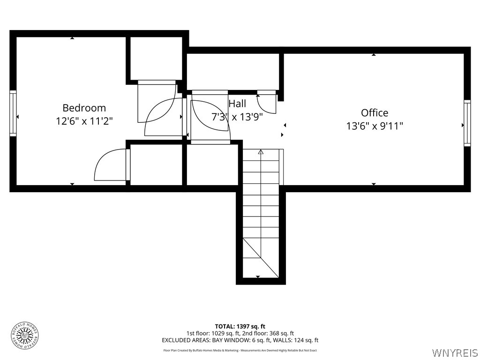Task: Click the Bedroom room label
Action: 84,108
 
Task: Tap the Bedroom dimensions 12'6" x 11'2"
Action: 84,121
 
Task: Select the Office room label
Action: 375,113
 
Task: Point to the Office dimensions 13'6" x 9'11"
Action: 375,126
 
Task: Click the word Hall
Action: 237,104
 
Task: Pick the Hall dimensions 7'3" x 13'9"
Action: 237,117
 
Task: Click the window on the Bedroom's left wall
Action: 13,113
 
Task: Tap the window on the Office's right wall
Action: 467,123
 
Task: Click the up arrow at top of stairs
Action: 261,152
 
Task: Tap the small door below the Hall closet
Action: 267,104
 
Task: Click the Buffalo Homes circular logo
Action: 24,335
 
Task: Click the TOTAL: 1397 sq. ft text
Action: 240,326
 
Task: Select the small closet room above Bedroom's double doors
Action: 156,58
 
